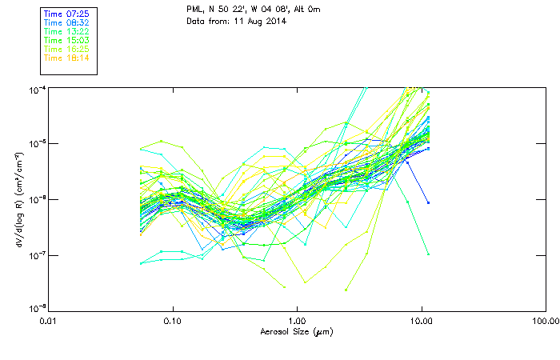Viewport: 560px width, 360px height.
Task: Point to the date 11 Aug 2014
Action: click(258, 21)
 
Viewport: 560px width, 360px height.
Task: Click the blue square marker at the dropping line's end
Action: click(429, 203)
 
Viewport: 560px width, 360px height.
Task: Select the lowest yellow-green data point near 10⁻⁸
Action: click(346, 290)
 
